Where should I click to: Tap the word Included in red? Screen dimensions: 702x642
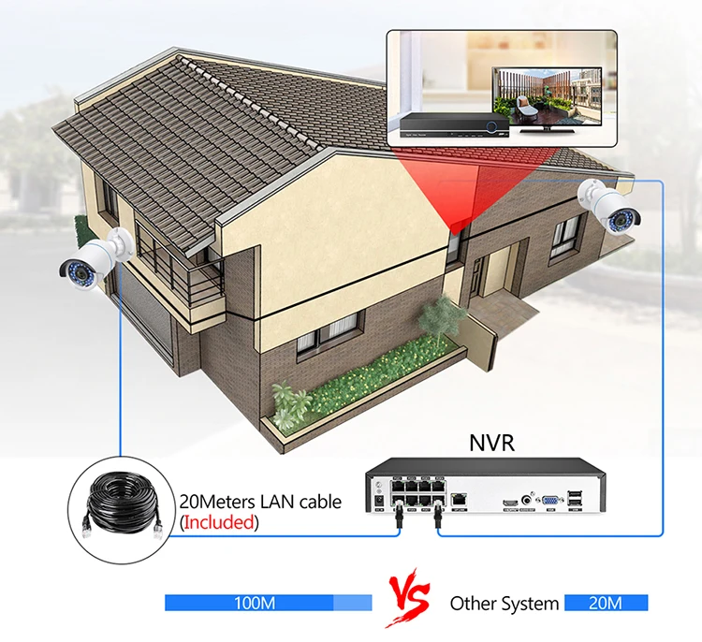click(x=219, y=522)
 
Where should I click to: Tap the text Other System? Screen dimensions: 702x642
click(x=505, y=604)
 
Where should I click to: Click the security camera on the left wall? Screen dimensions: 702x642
click(x=90, y=254)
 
